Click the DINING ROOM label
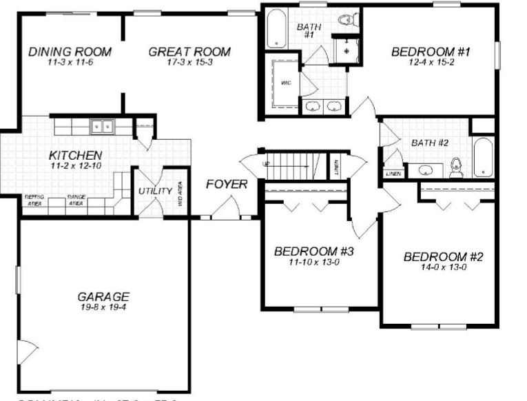pos(70,52)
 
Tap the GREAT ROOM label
pos(189,52)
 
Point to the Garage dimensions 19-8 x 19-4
pos(103,307)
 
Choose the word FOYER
pos(227,185)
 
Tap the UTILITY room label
pos(155,191)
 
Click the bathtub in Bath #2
pos(483,157)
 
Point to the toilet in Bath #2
pos(455,166)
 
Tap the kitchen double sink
pos(103,127)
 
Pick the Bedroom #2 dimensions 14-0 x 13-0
pos(444,267)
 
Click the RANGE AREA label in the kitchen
pos(76,200)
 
